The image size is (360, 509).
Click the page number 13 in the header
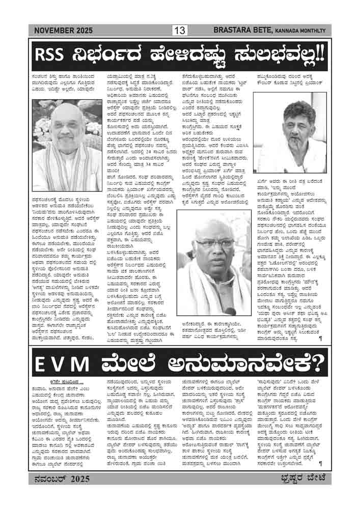180,31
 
